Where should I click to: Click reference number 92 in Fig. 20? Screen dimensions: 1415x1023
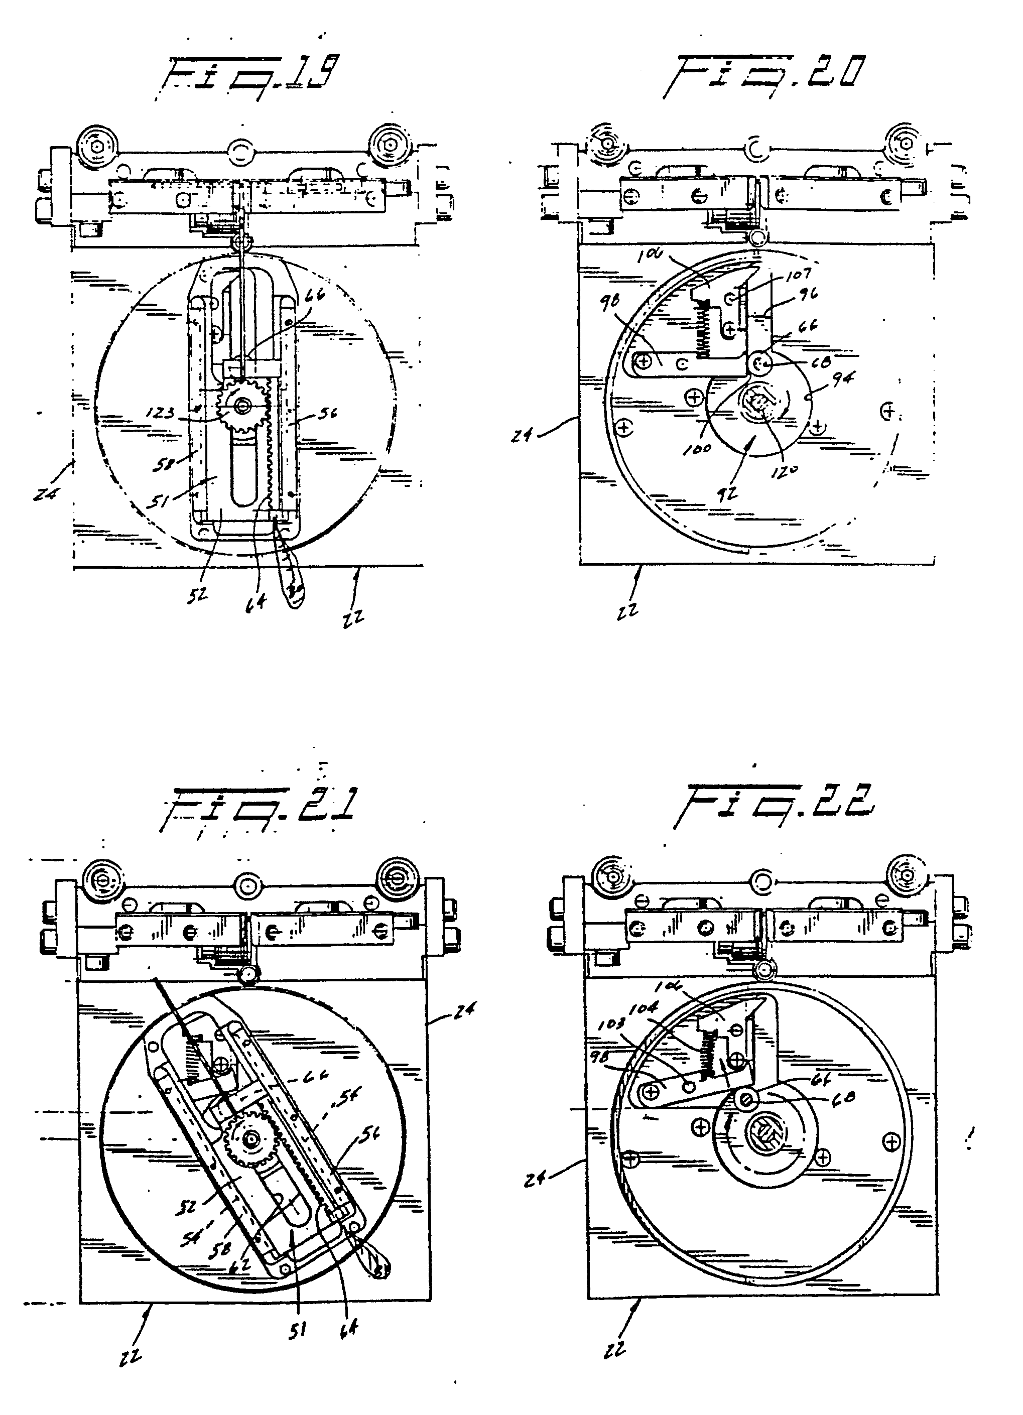click(x=727, y=494)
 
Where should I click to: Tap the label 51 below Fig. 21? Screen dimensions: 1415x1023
click(x=298, y=1331)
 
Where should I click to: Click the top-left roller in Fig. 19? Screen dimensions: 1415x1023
click(x=95, y=145)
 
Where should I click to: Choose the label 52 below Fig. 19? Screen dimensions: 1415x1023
click(x=199, y=595)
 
